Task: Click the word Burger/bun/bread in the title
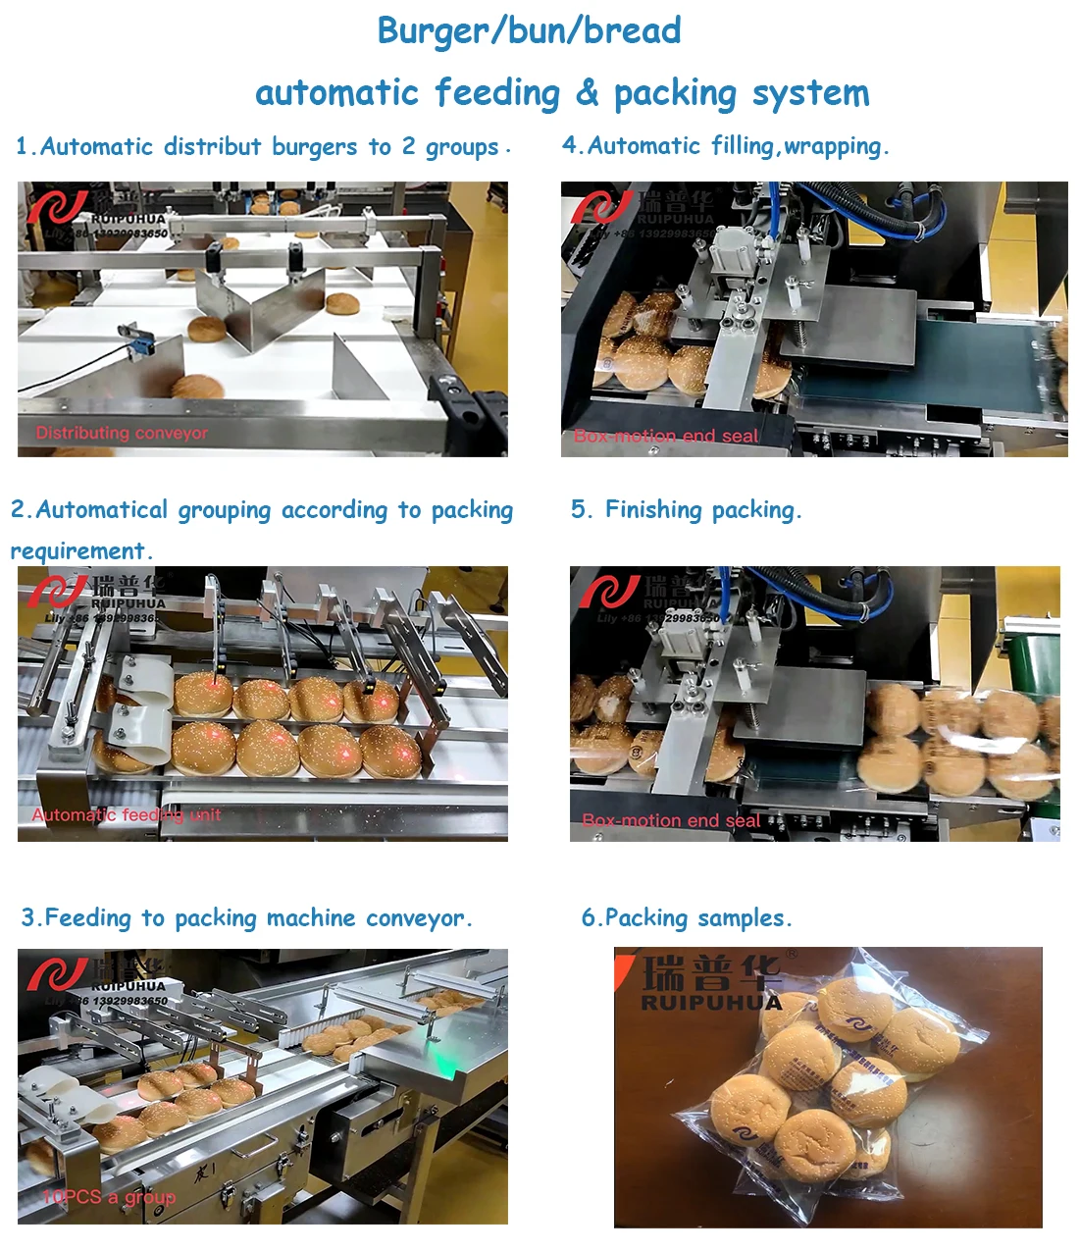[x=529, y=30]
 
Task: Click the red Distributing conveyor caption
[x=122, y=433]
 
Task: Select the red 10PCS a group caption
[x=108, y=1197]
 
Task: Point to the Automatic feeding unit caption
[x=126, y=814]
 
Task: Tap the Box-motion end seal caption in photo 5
[x=671, y=820]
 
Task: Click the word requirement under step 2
[x=77, y=550]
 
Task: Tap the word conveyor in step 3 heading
[x=414, y=918]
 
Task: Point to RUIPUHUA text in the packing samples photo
[x=711, y=1002]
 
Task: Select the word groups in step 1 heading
[x=462, y=147]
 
